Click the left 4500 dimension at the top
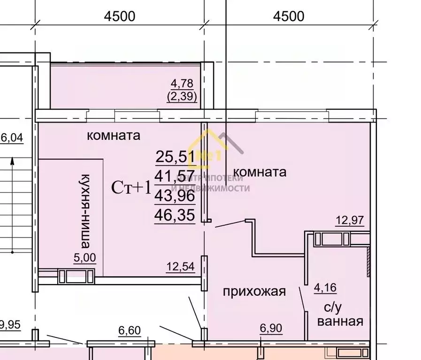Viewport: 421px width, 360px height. pyautogui.click(x=119, y=16)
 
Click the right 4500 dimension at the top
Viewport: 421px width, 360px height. pyautogui.click(x=288, y=16)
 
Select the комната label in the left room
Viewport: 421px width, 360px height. pyautogui.click(x=114, y=136)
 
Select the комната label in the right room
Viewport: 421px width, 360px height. pyautogui.click(x=260, y=171)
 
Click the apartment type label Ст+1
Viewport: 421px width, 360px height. pyautogui.click(x=131, y=187)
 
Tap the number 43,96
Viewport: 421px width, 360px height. pyautogui.click(x=174, y=196)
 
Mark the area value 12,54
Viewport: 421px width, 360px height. pyautogui.click(x=181, y=267)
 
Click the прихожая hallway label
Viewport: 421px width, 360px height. pyautogui.click(x=254, y=291)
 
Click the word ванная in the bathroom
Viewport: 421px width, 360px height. pyautogui.click(x=340, y=321)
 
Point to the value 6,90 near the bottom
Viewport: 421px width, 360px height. pyautogui.click(x=271, y=329)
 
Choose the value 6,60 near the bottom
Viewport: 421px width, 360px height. pyautogui.click(x=129, y=331)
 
